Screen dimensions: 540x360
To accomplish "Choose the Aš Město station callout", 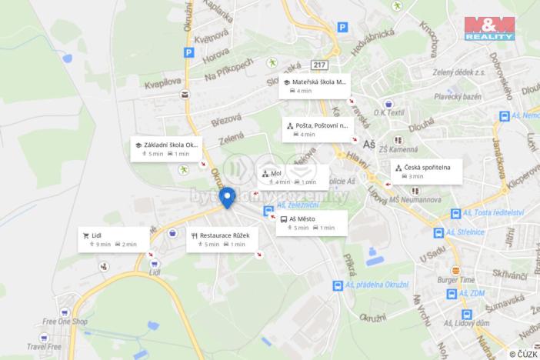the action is [x=311, y=223].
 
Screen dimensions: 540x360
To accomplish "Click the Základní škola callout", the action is [x=167, y=148].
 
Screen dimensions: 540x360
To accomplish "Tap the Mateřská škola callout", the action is [x=314, y=85].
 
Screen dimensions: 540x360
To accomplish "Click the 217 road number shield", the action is [x=320, y=65].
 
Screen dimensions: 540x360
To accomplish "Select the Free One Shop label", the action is [x=65, y=322].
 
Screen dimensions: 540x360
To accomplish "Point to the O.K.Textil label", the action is [x=390, y=113].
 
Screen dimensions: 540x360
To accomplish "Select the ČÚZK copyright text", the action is [x=522, y=354].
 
